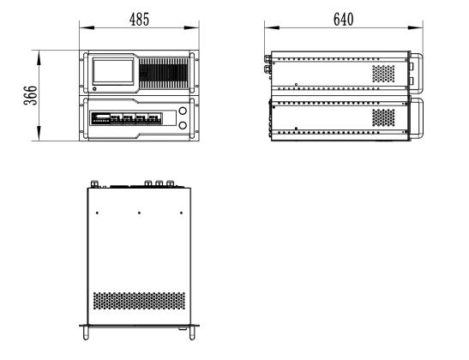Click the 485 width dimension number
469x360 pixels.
point(139,20)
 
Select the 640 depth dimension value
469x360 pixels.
point(343,20)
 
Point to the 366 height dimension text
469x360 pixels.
point(31,95)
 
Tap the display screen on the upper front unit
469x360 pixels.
point(113,71)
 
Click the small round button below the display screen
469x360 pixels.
point(95,89)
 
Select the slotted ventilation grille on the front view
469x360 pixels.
point(164,73)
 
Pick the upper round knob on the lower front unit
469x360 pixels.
point(183,111)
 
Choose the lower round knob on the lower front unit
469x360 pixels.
point(183,125)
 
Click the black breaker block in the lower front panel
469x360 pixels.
point(127,118)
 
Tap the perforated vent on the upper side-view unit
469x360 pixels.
point(383,74)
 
